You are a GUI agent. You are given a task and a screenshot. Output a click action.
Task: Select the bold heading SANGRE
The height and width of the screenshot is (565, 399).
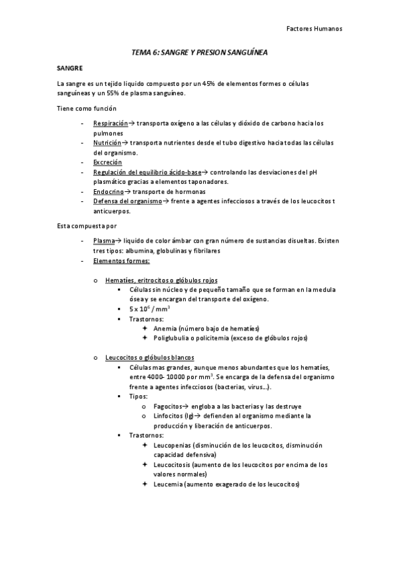69,68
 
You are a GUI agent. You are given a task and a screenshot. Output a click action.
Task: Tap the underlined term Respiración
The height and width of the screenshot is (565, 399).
110,123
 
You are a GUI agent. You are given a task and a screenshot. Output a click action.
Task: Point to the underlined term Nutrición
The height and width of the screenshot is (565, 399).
107,143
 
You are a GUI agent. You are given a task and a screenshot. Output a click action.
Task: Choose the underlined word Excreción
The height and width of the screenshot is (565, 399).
108,162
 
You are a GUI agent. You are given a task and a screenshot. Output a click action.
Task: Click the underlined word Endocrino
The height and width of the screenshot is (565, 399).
109,191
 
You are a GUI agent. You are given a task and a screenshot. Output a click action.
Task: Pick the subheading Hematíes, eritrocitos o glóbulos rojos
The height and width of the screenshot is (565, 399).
161,280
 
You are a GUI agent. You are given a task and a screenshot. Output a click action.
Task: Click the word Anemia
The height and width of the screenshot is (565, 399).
166,328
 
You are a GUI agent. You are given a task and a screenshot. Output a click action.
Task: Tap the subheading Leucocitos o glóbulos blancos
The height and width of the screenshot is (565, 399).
150,358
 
